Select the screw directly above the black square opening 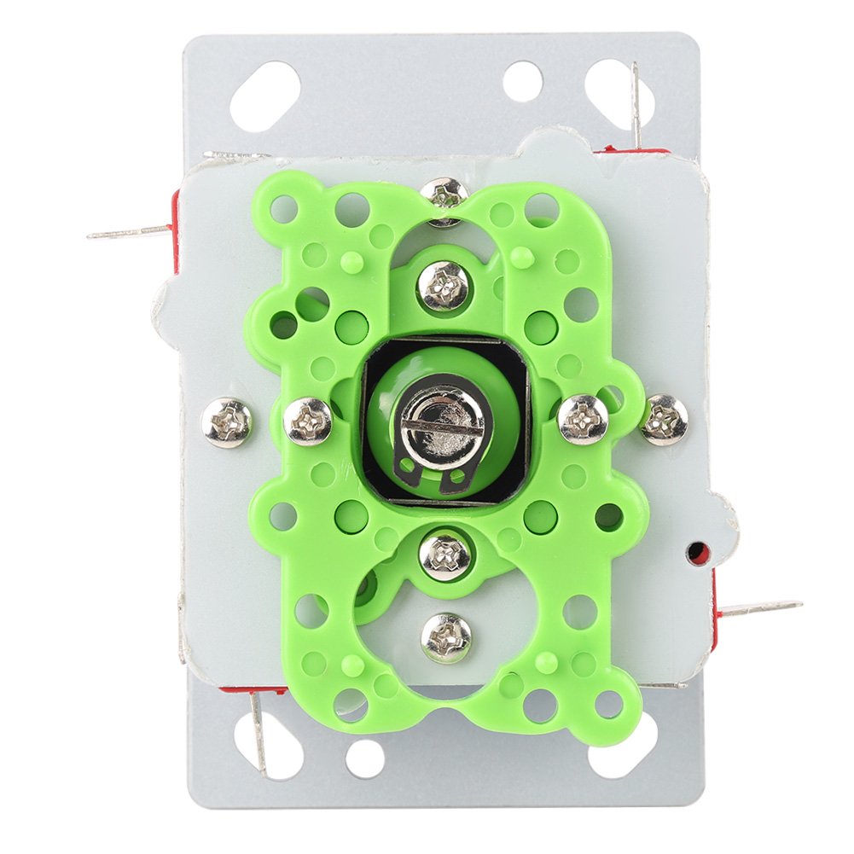[444, 284]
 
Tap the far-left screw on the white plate [226, 423]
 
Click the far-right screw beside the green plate [664, 419]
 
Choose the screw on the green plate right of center [583, 419]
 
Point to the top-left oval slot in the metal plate [265, 96]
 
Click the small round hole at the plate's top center [522, 79]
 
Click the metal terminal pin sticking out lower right [758, 609]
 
